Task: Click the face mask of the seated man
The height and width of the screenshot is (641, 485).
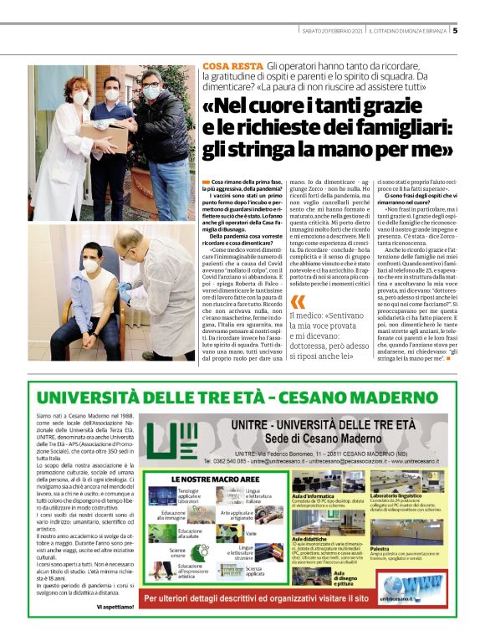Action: click(90, 267)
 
